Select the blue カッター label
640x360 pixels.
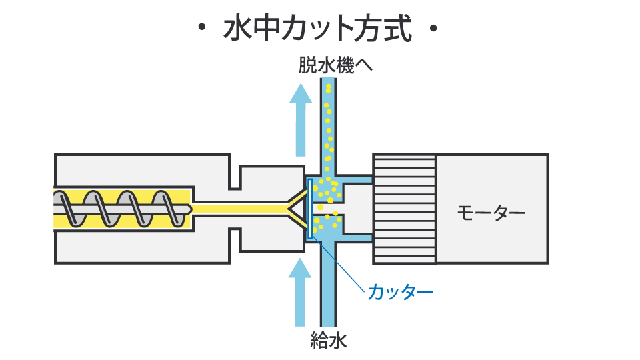[400, 291]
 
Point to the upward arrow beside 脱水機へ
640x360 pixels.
[301, 120]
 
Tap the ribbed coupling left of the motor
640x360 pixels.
[404, 208]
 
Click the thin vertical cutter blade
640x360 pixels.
[310, 209]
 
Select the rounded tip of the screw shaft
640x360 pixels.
[188, 208]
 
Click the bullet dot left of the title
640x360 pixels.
[201, 29]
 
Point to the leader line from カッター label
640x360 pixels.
[343, 267]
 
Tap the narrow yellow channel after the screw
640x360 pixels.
[240, 209]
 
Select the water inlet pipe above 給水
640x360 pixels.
[328, 287]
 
